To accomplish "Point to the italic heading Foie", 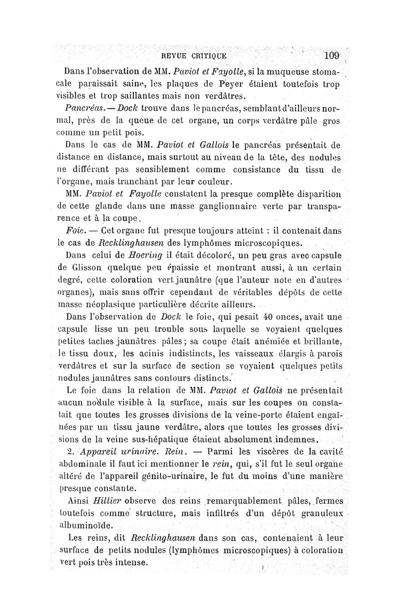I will point(74,231).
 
